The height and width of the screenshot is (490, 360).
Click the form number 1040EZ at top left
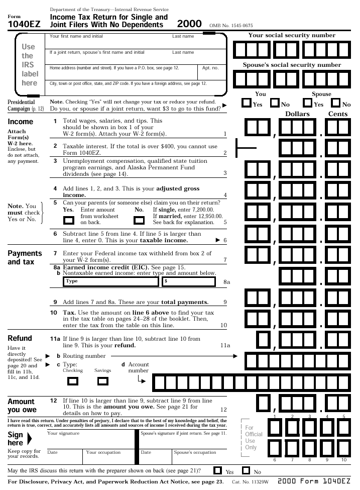click(x=24, y=23)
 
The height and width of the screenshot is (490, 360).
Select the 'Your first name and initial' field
click(x=108, y=41)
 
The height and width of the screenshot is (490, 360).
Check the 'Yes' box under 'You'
click(x=247, y=103)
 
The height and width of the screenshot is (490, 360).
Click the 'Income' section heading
click(x=21, y=122)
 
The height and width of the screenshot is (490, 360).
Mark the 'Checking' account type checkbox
click(x=75, y=381)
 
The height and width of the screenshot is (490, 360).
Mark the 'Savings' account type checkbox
click(x=102, y=381)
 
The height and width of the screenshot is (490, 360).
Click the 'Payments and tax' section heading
click(x=25, y=257)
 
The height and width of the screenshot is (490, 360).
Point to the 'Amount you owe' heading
click(x=22, y=406)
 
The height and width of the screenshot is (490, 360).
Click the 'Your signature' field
click(x=90, y=438)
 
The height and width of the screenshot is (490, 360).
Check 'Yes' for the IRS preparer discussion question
click(x=218, y=471)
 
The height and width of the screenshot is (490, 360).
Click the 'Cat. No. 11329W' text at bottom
click(x=250, y=482)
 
